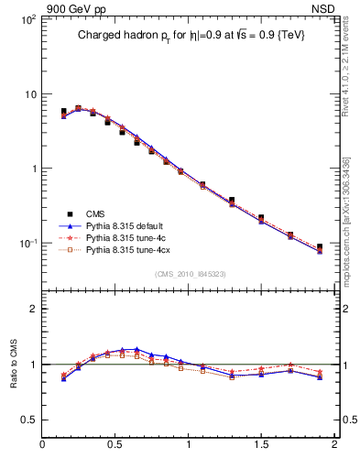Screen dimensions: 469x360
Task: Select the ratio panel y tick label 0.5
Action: (x=28, y=420)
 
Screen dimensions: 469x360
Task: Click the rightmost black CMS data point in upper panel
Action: (x=320, y=247)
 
